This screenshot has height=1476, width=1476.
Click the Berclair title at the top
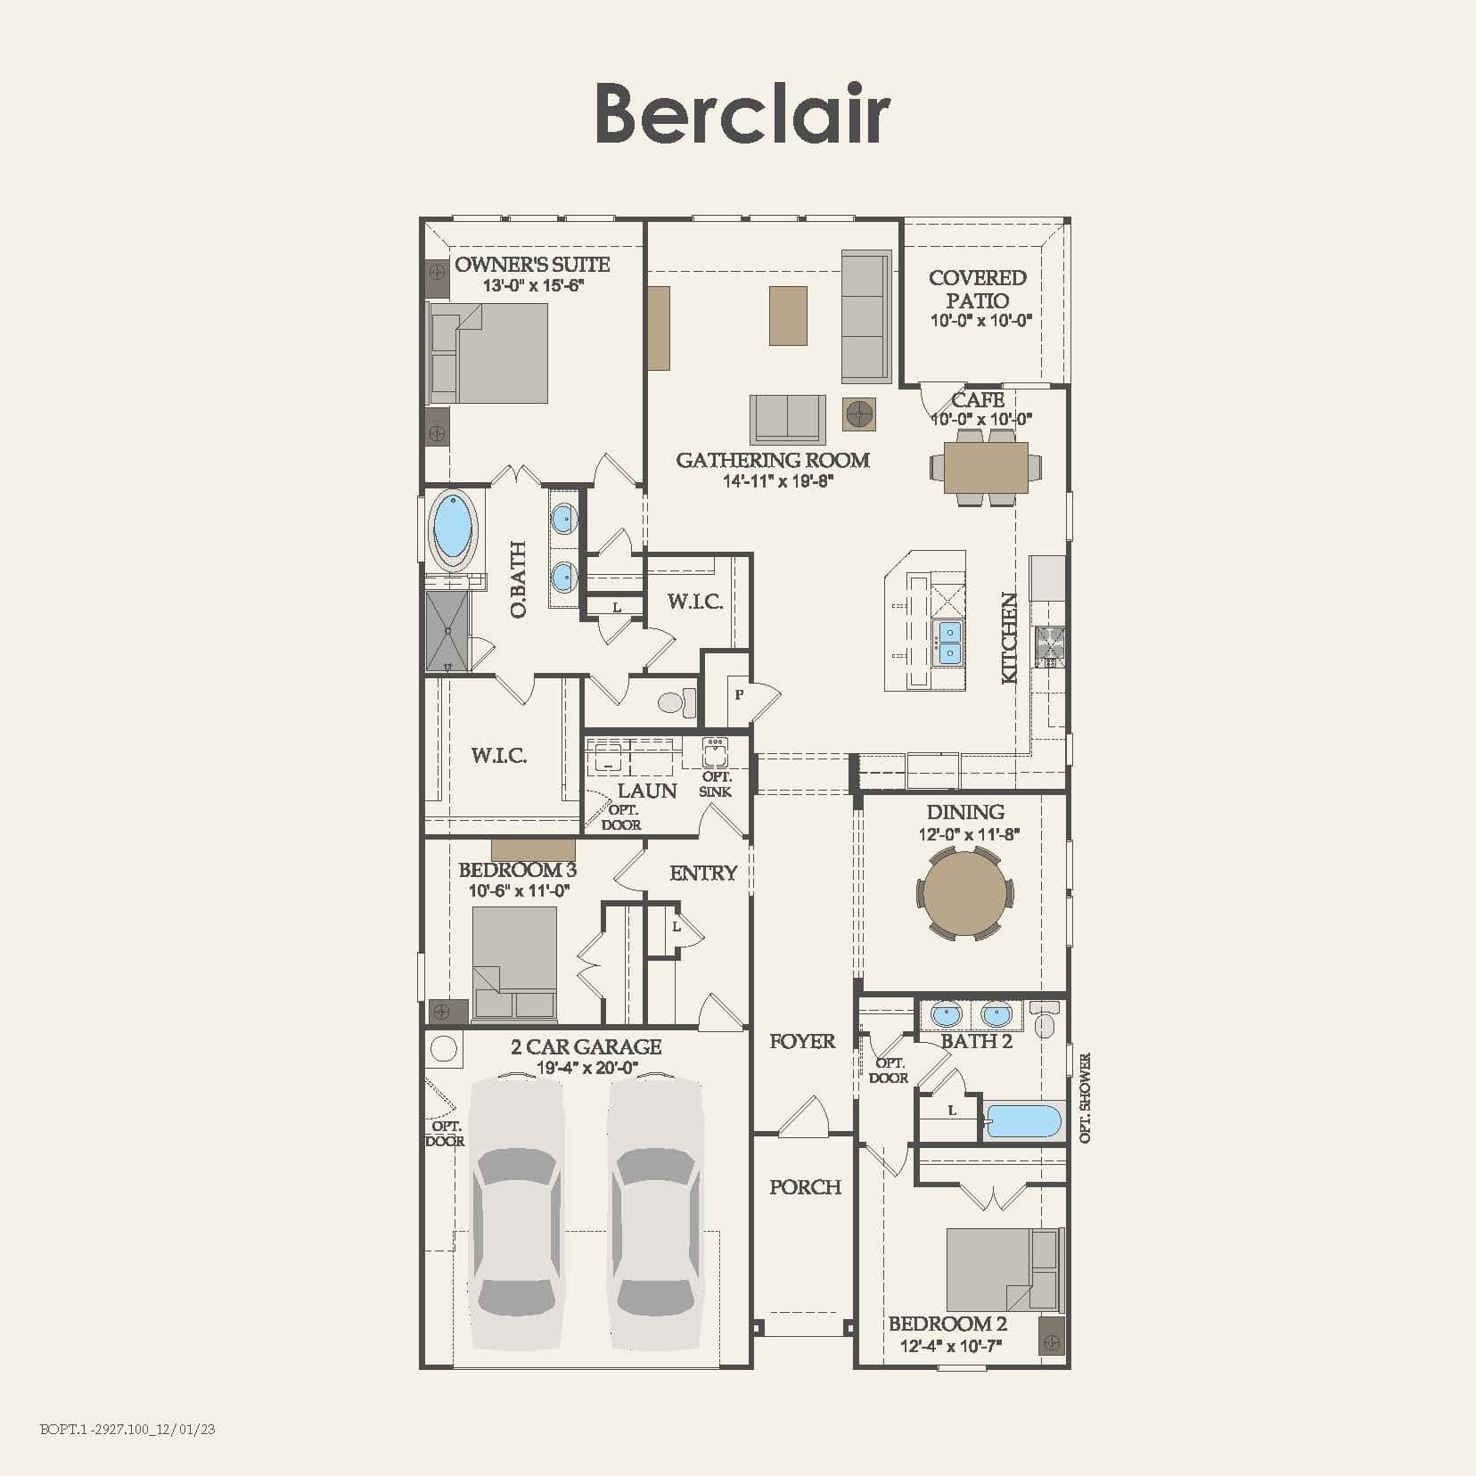point(742,113)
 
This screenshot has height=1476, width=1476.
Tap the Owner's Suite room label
point(532,265)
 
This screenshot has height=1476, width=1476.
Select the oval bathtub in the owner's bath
point(453,530)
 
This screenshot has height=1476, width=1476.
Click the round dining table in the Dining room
point(965,893)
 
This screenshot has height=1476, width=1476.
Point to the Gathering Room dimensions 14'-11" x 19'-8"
point(776,481)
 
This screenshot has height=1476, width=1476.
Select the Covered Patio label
point(977,289)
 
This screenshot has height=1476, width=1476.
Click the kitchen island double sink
point(948,643)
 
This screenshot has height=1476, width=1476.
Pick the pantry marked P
point(738,694)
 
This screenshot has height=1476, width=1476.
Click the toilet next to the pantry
point(676,702)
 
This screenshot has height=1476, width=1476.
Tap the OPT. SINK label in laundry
point(716,784)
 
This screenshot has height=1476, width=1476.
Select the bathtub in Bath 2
point(1025,1121)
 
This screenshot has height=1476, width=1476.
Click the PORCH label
point(805,1187)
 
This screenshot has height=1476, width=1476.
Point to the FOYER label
point(802,1041)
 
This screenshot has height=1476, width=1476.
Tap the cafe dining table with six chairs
point(985,468)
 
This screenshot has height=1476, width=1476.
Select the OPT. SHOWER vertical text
point(1085,1098)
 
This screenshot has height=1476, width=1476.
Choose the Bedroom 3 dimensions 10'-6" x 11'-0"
point(519,890)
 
